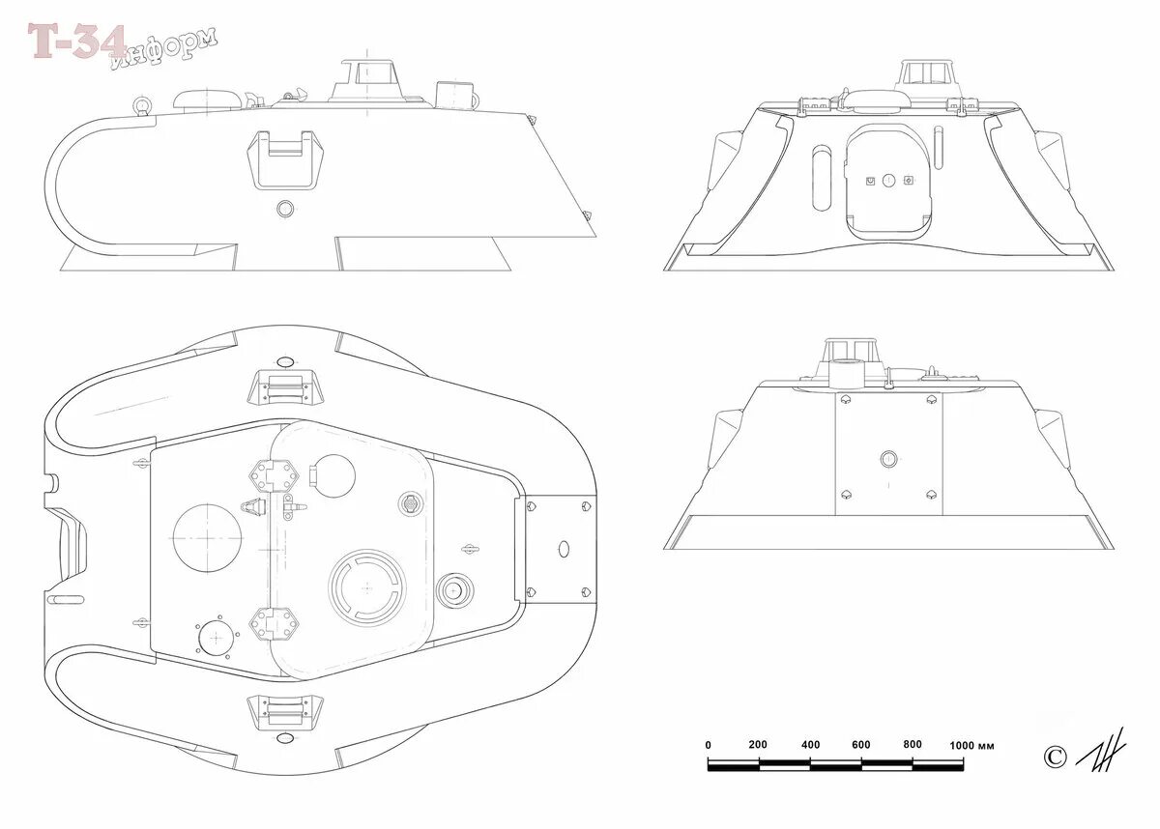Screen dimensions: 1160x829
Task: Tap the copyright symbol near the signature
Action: click(x=1055, y=756)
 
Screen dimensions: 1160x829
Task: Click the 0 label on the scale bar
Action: click(x=709, y=745)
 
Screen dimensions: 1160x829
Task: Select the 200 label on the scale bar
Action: click(x=758, y=745)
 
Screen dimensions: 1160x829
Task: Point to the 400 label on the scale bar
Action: click(x=810, y=745)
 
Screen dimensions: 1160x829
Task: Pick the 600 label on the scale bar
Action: click(x=860, y=745)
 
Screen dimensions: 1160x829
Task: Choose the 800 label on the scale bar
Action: click(x=912, y=745)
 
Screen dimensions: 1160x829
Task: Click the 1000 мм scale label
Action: click(x=972, y=746)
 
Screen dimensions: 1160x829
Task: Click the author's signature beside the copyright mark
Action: click(x=1102, y=749)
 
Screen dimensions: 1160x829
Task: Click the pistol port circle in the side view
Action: click(x=284, y=208)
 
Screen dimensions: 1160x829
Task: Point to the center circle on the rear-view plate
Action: click(x=888, y=458)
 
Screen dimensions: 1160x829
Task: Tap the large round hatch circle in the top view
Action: click(x=207, y=536)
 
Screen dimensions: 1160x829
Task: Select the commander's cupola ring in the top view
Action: click(x=364, y=586)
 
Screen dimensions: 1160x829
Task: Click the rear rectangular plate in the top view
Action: click(x=562, y=549)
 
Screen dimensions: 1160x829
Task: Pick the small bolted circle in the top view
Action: click(x=216, y=638)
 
